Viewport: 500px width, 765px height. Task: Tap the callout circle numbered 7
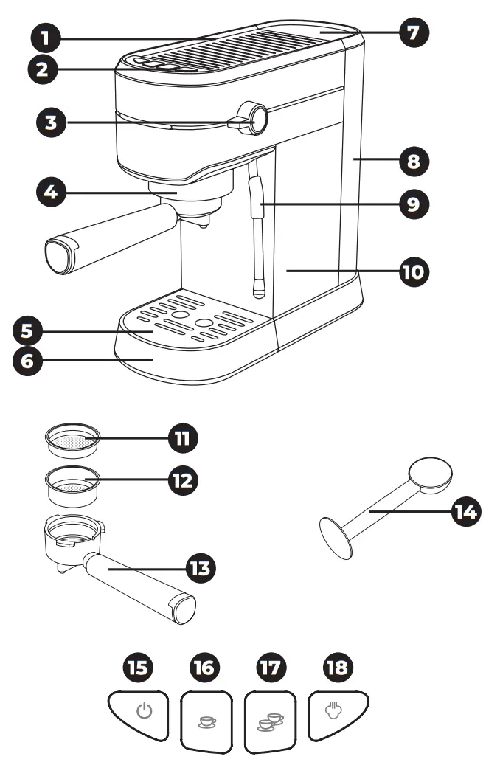[414, 32]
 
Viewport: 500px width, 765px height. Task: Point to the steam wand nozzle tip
[257, 293]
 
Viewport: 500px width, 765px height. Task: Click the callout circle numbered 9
[414, 203]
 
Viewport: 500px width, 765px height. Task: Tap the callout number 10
[414, 271]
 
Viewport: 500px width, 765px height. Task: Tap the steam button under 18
[337, 713]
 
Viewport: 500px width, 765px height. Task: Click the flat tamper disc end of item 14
[337, 535]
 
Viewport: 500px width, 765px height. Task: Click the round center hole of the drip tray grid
[201, 322]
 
